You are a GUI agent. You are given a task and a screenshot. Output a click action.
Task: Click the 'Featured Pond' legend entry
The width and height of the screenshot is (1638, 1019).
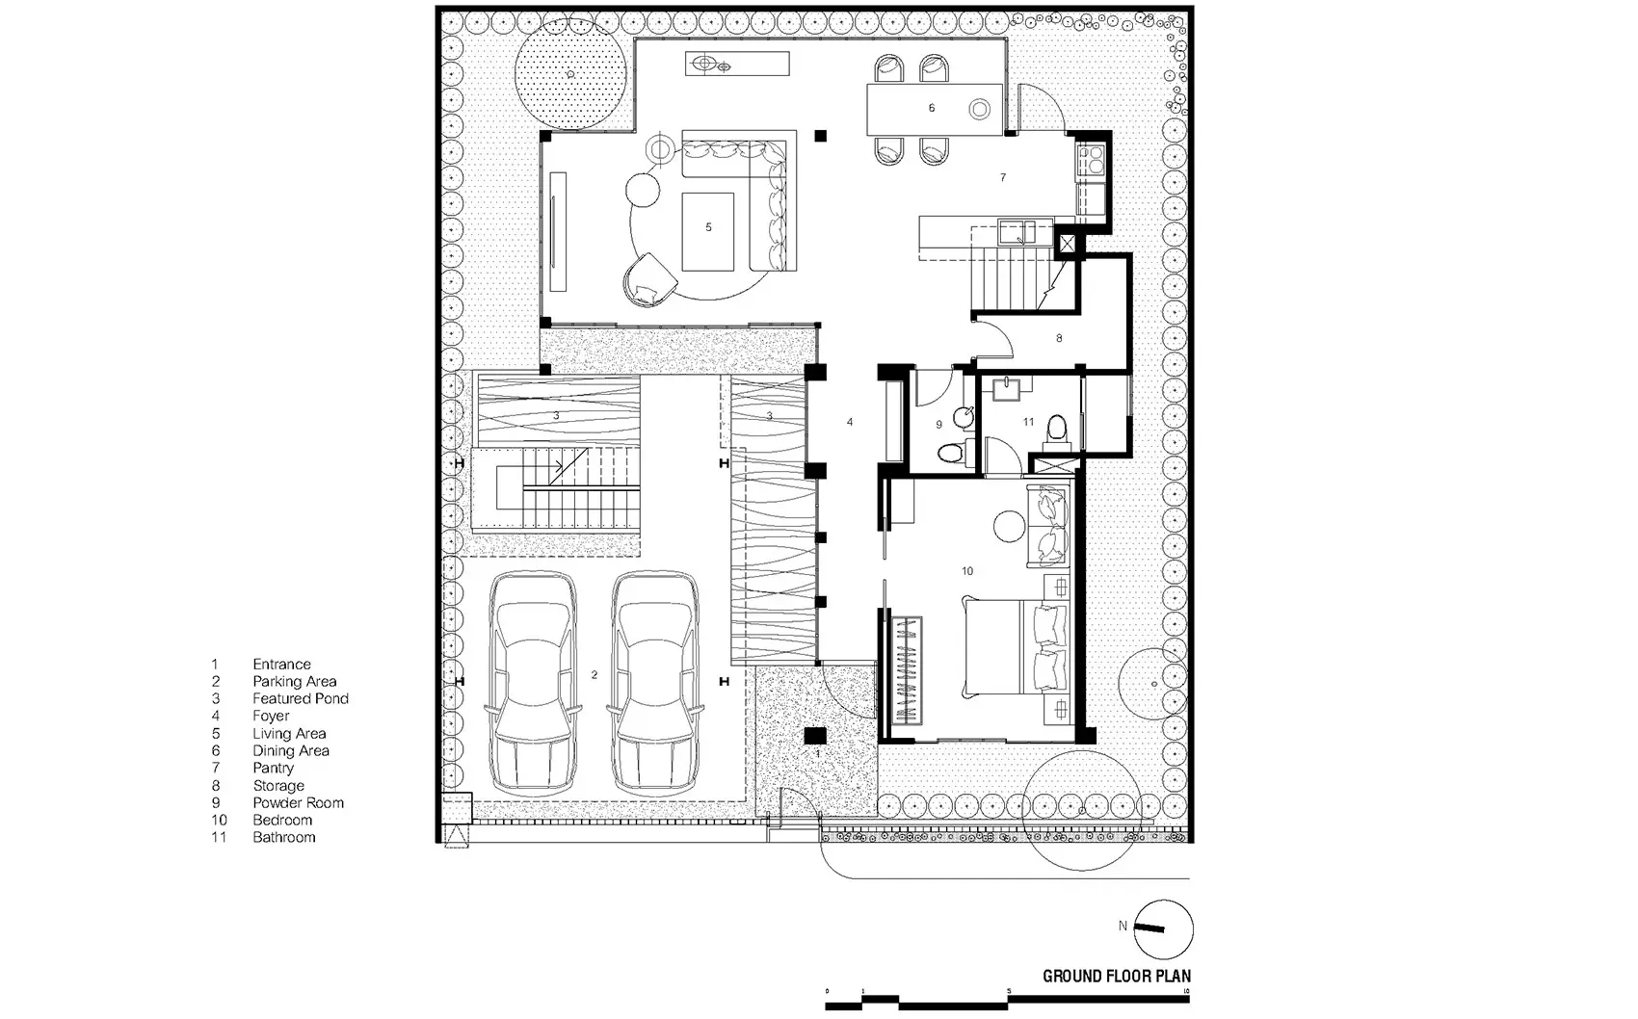301,699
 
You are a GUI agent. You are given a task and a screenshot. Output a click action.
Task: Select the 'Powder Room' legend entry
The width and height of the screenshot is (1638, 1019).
299,802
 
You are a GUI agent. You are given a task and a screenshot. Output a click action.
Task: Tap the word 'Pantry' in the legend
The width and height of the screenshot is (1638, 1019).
274,769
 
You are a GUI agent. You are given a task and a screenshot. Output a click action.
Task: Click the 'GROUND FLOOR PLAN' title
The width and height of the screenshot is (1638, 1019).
1117,976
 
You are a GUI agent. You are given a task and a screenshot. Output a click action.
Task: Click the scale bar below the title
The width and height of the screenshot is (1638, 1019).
1008,1001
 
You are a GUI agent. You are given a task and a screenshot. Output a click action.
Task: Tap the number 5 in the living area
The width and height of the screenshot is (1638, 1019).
708,227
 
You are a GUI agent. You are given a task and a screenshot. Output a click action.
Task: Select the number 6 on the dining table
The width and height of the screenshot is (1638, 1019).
932,108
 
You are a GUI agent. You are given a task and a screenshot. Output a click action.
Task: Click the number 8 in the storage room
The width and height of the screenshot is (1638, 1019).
1059,338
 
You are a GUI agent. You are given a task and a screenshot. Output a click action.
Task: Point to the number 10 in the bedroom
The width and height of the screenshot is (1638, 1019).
967,571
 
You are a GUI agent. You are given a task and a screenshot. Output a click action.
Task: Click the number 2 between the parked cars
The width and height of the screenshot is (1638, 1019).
594,675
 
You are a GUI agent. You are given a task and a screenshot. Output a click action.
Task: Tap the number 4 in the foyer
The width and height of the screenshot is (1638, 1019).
850,422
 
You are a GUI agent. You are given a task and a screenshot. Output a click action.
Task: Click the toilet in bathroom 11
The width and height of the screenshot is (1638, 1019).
1057,431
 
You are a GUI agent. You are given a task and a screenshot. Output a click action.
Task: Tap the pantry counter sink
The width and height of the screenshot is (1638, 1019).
1017,232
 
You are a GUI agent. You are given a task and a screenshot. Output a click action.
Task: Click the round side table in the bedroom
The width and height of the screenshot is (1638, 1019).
1009,526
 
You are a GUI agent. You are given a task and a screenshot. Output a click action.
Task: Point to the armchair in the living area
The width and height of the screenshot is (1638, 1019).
650,279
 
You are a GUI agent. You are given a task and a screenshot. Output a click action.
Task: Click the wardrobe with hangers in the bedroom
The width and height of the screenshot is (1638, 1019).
906,670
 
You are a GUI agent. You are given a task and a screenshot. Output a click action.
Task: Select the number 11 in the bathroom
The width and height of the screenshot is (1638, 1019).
1028,422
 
